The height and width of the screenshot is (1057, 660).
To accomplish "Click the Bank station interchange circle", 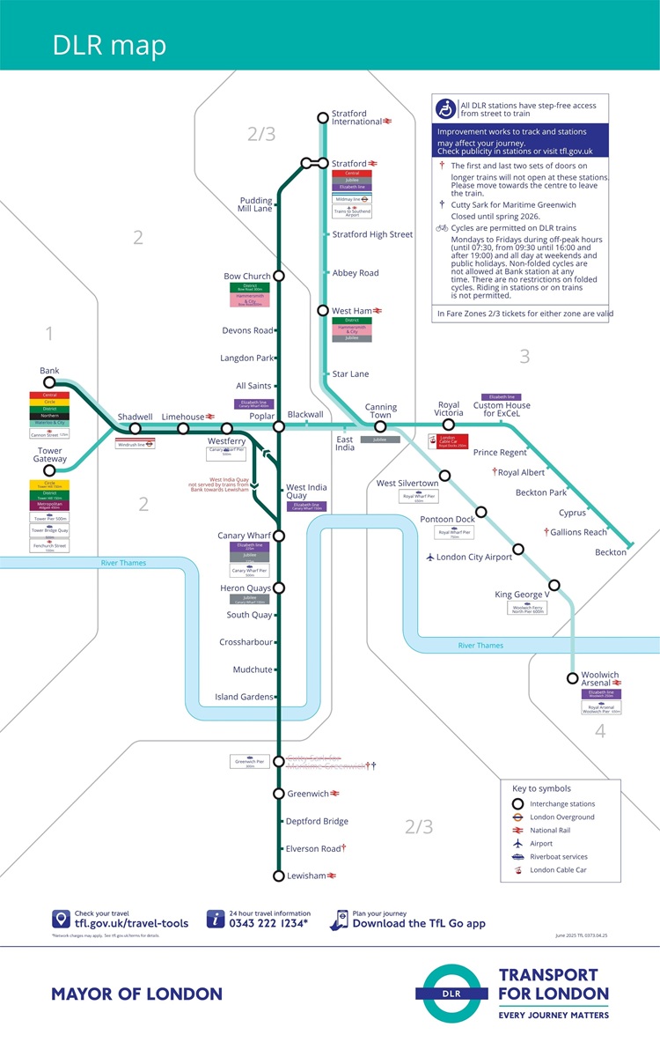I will click(x=49, y=382).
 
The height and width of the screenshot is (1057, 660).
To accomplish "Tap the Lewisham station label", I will click(x=306, y=876).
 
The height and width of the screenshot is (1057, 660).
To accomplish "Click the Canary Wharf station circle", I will click(x=279, y=536).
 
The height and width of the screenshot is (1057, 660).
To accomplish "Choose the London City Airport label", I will click(x=473, y=557).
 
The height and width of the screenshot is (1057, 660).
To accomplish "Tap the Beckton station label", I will click(x=610, y=552).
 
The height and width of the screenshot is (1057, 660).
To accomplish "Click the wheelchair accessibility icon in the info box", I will click(x=446, y=109).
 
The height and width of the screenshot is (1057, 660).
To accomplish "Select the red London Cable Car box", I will click(x=448, y=441).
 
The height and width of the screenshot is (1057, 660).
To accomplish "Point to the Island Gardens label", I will click(x=244, y=697).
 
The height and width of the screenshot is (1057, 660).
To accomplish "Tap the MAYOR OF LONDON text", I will click(x=136, y=994).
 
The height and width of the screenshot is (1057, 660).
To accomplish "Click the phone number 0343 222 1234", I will click(x=270, y=924).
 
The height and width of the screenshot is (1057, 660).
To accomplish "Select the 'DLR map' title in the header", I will click(x=109, y=46).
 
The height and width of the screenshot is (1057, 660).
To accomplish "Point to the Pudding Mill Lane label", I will click(x=256, y=205).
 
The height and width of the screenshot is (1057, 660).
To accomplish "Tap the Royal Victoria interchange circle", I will click(x=448, y=425).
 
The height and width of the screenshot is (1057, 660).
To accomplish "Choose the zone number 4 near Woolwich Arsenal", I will click(x=599, y=731).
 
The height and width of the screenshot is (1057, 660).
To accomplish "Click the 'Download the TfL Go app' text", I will click(x=419, y=924).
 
